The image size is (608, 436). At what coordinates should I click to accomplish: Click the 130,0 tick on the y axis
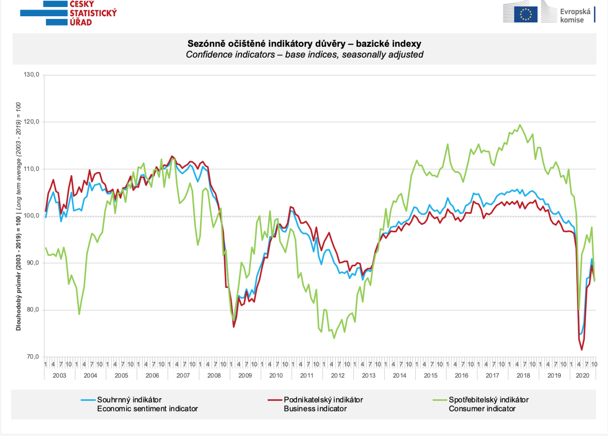(x=31, y=74)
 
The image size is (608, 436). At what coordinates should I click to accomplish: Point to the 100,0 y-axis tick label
(x=31, y=216)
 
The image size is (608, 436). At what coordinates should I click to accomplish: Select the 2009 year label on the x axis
(x=245, y=375)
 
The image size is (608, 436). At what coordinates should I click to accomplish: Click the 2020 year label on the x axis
(x=582, y=375)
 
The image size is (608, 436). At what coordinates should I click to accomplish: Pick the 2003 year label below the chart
(x=59, y=375)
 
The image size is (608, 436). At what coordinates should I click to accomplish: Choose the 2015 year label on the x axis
(x=431, y=375)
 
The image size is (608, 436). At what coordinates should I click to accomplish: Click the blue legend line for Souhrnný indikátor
(x=88, y=400)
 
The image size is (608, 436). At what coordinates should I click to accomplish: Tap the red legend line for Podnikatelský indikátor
(x=275, y=400)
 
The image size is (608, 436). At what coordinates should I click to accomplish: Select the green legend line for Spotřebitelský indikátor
(x=440, y=400)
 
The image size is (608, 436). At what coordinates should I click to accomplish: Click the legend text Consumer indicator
(x=482, y=409)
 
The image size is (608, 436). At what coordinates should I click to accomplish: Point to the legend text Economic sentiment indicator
(x=147, y=409)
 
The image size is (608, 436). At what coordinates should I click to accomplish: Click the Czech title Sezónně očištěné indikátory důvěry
(x=304, y=44)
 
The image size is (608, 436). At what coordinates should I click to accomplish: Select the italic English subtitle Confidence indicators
(x=304, y=54)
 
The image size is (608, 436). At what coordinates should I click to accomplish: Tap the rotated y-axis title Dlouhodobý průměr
(x=18, y=216)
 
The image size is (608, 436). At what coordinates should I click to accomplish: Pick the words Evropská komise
(x=575, y=15)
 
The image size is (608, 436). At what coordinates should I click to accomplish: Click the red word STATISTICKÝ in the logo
(x=93, y=13)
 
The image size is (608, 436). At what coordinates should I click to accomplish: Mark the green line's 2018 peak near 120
(x=520, y=125)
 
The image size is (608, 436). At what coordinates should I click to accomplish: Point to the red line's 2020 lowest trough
(x=581, y=350)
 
